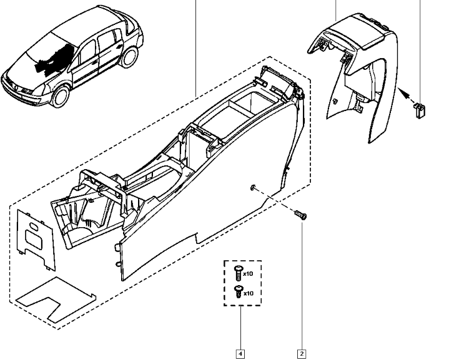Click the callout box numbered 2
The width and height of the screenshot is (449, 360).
(x=302, y=354)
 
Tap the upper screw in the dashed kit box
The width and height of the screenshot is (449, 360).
(x=237, y=272)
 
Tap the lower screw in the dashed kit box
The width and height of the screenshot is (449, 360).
(x=237, y=291)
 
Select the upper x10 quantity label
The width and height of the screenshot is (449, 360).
(x=248, y=274)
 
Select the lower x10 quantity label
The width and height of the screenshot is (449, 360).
(x=248, y=293)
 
